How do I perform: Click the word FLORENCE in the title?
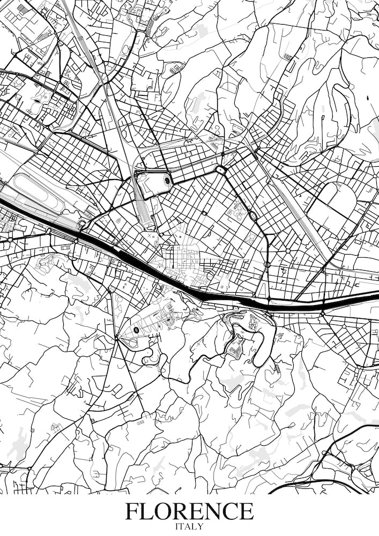(189, 511)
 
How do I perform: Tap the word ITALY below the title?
(189, 526)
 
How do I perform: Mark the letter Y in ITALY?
(201, 526)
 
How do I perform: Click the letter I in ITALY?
(177, 526)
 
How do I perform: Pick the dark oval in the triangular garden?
(136, 330)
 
